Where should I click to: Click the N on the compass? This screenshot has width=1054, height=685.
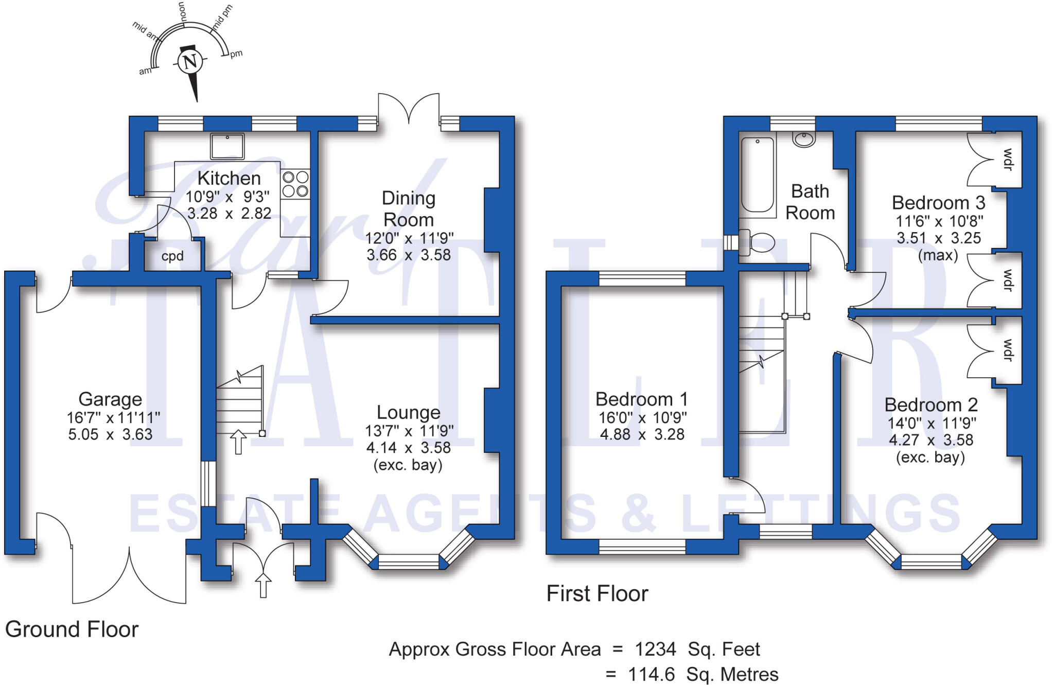point(190,62)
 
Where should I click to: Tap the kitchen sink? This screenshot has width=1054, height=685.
point(227,146)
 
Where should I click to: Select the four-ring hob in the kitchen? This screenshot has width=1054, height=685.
point(295,184)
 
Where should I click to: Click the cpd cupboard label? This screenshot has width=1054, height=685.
point(172,256)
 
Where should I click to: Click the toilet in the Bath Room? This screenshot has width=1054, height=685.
point(757,242)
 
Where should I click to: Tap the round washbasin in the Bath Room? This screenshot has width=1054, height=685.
point(804,139)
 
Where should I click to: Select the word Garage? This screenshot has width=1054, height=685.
point(110,399)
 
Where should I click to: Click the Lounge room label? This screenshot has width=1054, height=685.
point(409,412)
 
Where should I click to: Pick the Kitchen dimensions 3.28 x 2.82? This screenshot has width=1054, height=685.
point(229,213)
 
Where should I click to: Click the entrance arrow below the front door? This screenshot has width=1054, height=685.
point(263,586)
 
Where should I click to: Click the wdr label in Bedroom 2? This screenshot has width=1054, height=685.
point(1008,350)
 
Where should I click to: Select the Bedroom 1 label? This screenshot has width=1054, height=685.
point(641,399)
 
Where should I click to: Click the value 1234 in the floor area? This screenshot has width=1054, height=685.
point(655,649)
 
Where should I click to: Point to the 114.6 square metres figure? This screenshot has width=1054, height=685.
point(652,674)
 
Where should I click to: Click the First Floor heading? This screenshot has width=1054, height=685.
point(597,594)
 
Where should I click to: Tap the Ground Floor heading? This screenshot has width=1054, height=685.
point(72,629)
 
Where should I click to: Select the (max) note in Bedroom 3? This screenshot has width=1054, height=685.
point(938,255)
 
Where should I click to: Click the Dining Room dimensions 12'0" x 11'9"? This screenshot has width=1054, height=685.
point(409,238)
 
